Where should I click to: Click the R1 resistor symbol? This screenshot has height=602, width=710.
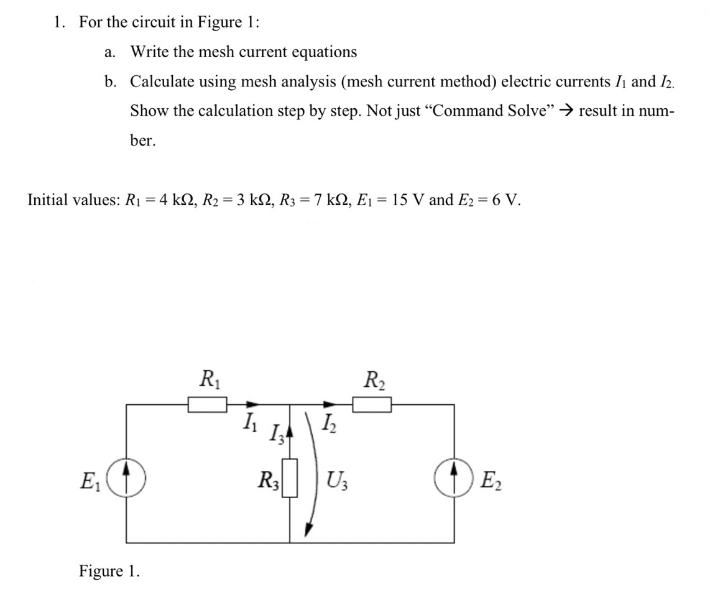(208, 405)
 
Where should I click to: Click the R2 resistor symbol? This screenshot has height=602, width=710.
(372, 405)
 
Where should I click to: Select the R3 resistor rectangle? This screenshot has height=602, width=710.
(290, 477)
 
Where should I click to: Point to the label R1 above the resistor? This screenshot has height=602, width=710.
(207, 378)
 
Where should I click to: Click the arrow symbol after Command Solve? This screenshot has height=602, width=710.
(565, 111)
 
